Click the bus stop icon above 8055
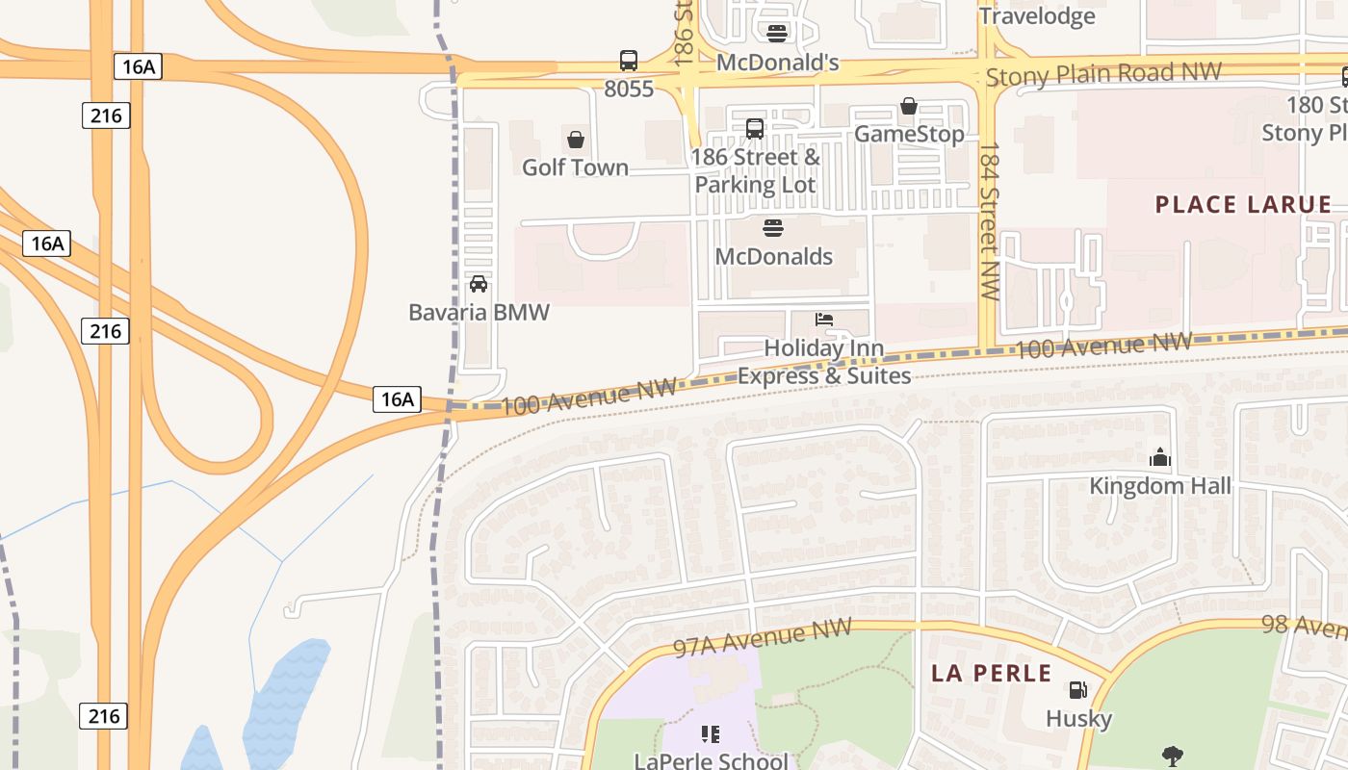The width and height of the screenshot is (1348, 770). [x=628, y=61]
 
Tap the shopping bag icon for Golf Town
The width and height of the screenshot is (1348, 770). [x=576, y=141]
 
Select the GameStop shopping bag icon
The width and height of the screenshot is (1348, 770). [x=908, y=106]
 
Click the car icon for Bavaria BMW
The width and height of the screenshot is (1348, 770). [x=479, y=284]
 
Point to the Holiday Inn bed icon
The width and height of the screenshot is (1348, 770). [x=824, y=320]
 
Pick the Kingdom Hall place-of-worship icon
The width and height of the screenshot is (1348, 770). [x=1160, y=457]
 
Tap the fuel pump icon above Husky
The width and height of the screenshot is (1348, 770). [x=1077, y=690]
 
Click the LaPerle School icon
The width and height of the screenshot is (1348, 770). [x=711, y=735]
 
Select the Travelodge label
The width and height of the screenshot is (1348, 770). [x=1037, y=16]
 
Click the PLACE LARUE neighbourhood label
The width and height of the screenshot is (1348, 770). [x=1243, y=204]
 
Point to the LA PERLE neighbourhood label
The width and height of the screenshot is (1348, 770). [x=992, y=673]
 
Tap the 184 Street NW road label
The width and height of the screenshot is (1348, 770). [x=989, y=221]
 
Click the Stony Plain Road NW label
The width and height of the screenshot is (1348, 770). [x=1103, y=73]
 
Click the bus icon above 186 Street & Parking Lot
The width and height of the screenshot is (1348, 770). [x=755, y=128]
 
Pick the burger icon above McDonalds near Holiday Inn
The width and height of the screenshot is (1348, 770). [x=773, y=228]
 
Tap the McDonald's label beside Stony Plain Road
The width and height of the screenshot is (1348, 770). [x=778, y=64]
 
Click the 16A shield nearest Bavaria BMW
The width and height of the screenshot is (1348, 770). [x=397, y=398]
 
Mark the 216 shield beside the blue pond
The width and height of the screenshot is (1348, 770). [x=103, y=716]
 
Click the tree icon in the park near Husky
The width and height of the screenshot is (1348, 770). [x=1172, y=756]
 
